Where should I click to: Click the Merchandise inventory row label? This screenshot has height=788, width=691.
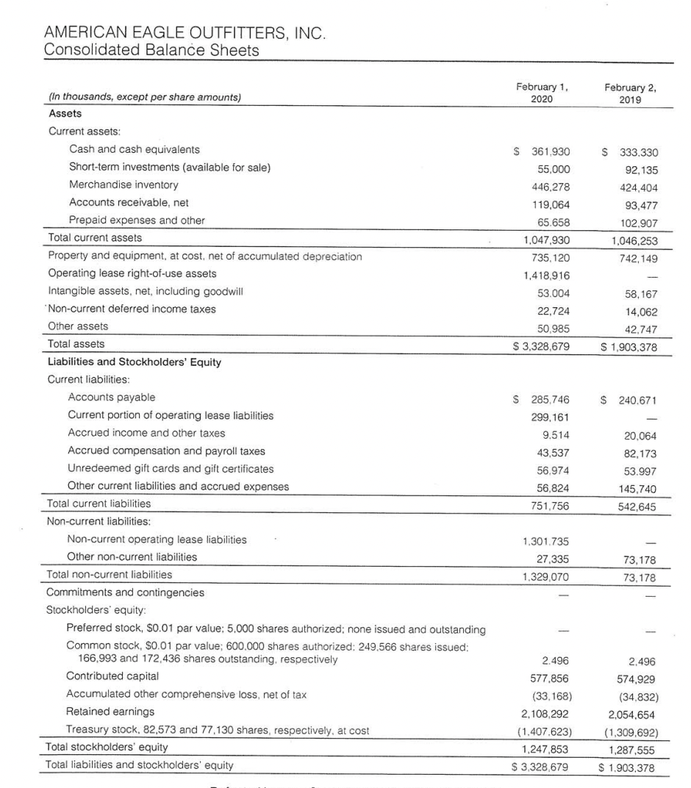point(123,185)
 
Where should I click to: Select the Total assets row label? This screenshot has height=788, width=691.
point(76,343)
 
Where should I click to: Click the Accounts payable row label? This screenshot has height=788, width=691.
point(111,398)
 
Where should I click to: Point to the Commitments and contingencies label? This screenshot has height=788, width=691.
point(126,592)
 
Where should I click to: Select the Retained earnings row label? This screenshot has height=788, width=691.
point(110,712)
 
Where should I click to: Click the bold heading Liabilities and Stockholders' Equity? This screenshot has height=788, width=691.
point(135,362)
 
